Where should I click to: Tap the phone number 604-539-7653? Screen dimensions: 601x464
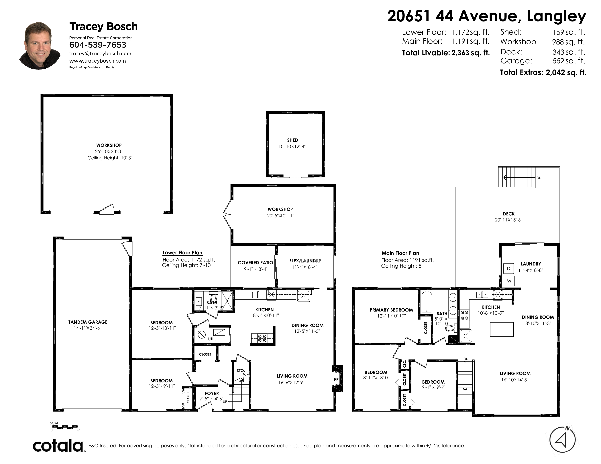pyautogui.click(x=98, y=45)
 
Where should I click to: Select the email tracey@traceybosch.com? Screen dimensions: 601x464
pyautogui.click(x=100, y=54)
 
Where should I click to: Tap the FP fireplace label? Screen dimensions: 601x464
pyautogui.click(x=336, y=380)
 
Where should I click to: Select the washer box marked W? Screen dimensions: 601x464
pyautogui.click(x=509, y=281)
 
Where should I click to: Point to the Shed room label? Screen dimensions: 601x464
pyautogui.click(x=292, y=140)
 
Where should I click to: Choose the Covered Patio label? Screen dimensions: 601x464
pyautogui.click(x=255, y=263)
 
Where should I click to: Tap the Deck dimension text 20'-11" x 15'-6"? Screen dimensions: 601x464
pyautogui.click(x=508, y=220)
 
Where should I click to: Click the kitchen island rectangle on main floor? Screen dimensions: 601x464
pyautogui.click(x=502, y=329)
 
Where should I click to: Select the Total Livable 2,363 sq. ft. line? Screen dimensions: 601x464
pyautogui.click(x=446, y=53)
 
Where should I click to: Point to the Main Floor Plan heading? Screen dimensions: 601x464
pyautogui.click(x=400, y=253)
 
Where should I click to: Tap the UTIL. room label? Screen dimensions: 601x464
pyautogui.click(x=212, y=339)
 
